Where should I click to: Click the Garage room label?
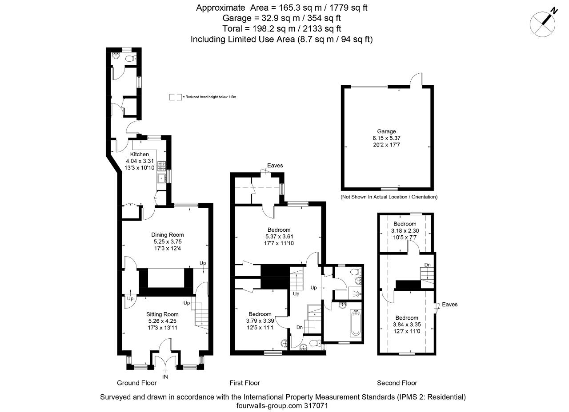(386, 131)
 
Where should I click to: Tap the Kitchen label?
(140, 154)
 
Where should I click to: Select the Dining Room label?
(168, 235)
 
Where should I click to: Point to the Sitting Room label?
(162, 314)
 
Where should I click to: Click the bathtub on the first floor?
(355, 323)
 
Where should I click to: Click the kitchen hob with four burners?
(162, 166)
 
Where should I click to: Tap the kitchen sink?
(161, 178)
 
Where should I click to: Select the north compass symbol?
(543, 24)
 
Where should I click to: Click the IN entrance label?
(165, 377)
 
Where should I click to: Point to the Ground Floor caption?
(137, 383)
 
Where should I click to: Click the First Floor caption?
(245, 383)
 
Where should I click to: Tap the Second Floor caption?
(397, 383)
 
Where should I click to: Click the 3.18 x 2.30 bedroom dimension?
(405, 230)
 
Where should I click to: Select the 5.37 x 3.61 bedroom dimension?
(279, 237)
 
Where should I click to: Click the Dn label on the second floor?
(428, 265)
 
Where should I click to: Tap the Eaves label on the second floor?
(449, 305)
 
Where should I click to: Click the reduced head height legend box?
(176, 97)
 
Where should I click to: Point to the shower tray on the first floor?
(355, 293)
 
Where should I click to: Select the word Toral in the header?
(232, 29)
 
